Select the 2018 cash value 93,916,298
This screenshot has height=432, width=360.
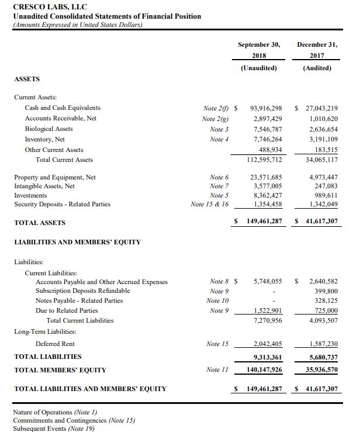(x=266, y=108)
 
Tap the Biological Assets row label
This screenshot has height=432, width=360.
(x=49, y=129)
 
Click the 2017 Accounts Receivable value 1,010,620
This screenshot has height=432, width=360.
(x=321, y=118)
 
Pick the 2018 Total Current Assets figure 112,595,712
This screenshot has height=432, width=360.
(x=265, y=160)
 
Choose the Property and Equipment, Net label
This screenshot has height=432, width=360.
(x=55, y=177)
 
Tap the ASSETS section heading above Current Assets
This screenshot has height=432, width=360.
(x=27, y=78)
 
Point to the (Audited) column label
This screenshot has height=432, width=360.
(x=317, y=68)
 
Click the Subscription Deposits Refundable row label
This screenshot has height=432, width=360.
(x=83, y=291)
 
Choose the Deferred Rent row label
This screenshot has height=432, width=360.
(x=55, y=344)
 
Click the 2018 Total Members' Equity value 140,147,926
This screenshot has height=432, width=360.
(x=262, y=369)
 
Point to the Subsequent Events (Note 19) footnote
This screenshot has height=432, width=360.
(x=53, y=428)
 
